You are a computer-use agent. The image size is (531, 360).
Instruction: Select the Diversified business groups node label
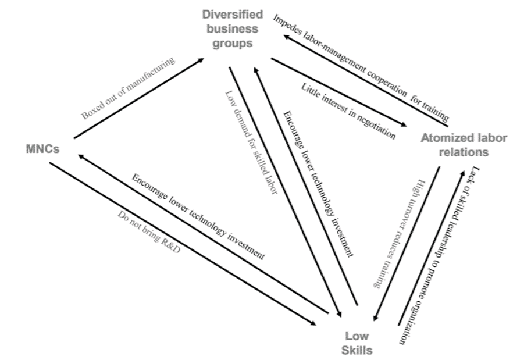click(x=233, y=28)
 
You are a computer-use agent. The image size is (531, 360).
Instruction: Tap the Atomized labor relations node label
click(x=463, y=145)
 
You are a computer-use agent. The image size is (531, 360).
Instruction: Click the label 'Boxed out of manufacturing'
click(x=128, y=88)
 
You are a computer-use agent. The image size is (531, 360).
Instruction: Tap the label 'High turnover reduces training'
click(x=394, y=232)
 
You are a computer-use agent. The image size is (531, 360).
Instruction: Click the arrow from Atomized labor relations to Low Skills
click(x=407, y=244)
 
